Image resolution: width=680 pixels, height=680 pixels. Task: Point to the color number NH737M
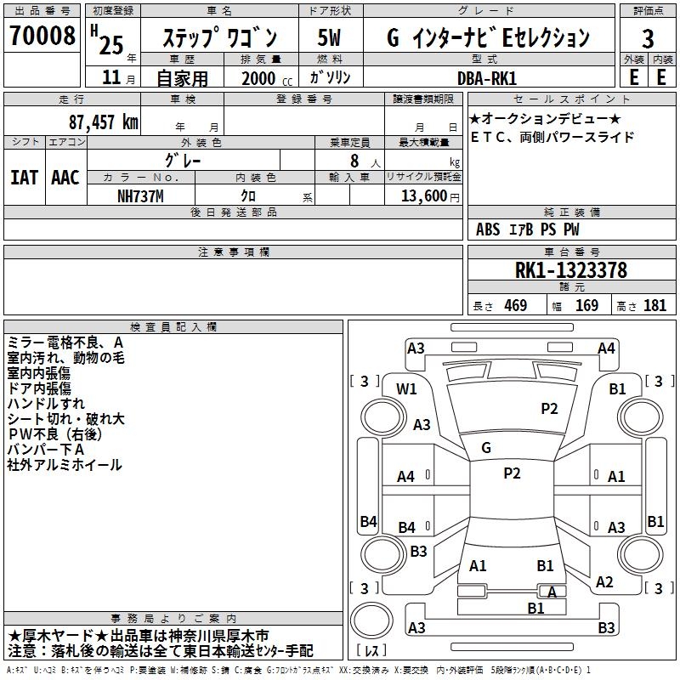tap(142, 195)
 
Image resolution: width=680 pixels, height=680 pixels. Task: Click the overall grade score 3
tap(648, 38)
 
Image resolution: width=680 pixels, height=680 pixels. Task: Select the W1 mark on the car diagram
tap(407, 389)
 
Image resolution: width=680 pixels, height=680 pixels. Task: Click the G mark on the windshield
tap(486, 448)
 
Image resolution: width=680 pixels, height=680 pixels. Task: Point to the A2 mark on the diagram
tap(604, 582)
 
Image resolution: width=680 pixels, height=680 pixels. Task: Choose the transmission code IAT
tap(23, 178)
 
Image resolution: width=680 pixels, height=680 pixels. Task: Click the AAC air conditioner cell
tap(65, 178)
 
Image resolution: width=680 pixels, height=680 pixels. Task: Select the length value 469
tap(515, 306)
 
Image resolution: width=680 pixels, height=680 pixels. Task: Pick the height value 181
tap(654, 306)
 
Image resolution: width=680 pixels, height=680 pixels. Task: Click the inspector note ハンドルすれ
tap(46, 403)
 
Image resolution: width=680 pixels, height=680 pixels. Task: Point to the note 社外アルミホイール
tap(65, 465)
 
